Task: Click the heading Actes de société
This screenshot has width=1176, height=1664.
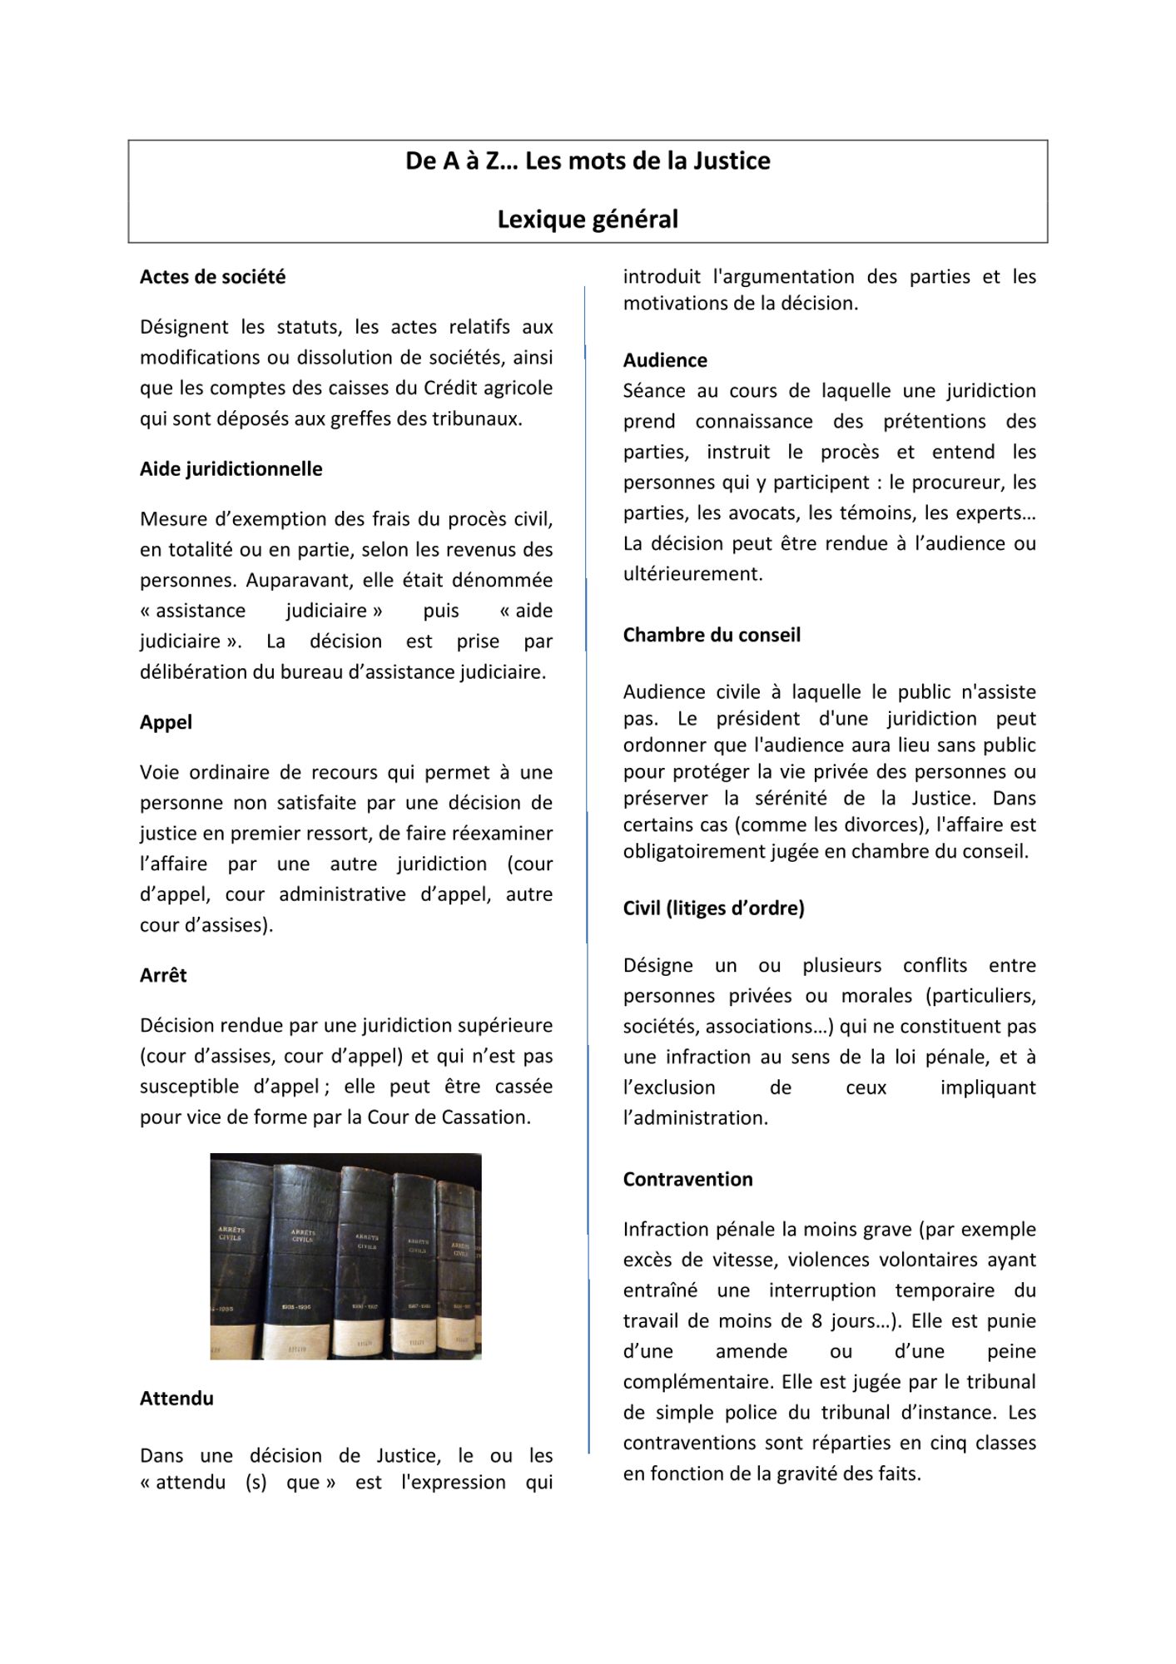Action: pos(212,277)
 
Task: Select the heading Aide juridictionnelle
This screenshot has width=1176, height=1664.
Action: pos(231,469)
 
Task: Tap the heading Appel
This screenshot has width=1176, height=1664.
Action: pos(166,722)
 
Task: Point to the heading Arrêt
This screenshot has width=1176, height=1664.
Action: pos(163,975)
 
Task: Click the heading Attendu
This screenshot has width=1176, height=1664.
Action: pos(176,1399)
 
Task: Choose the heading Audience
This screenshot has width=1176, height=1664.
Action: pos(665,360)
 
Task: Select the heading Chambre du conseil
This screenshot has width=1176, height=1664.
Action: pos(712,635)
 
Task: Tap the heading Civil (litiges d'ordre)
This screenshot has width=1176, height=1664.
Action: pos(713,909)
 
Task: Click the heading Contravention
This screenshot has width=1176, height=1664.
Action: pos(687,1179)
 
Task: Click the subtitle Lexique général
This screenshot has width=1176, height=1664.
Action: pos(588,220)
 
